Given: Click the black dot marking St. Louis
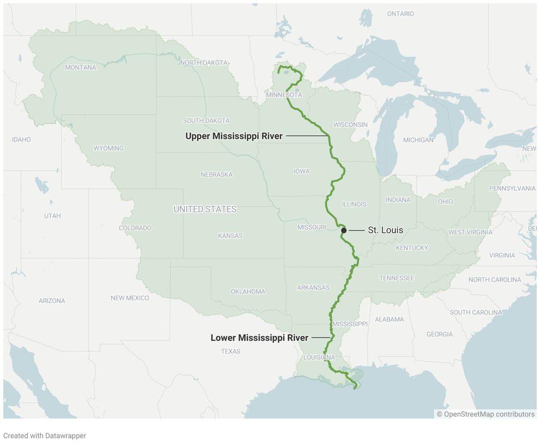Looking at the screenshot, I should coord(344,231).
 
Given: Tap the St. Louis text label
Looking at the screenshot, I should coord(385,230).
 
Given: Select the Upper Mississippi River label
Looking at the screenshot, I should coord(234,136).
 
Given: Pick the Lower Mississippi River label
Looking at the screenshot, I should coord(259,338).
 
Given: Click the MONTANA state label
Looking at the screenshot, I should coord(81,68).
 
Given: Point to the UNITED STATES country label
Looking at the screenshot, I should coord(205,209).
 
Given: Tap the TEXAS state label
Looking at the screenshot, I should coord(231,351).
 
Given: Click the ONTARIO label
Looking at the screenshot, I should coord(400,14).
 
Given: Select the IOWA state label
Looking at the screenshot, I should coord(301,171).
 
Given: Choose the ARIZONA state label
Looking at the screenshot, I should coord(52,301).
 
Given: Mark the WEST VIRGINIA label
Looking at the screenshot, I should coord(470,232).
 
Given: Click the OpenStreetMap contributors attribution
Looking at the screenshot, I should coord(486,414).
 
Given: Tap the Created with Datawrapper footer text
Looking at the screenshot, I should coord(45,435).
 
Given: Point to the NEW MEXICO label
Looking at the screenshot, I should coord(130,298).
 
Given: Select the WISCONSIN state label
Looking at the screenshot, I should coord(350,124).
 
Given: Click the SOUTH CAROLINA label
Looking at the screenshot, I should coord(476,312).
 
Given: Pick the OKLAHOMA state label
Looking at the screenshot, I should coord(248,292).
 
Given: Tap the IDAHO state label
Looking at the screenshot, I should coord(21,140).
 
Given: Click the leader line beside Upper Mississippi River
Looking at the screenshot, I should coord(307,136).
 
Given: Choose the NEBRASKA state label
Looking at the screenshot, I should coord(216,175).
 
